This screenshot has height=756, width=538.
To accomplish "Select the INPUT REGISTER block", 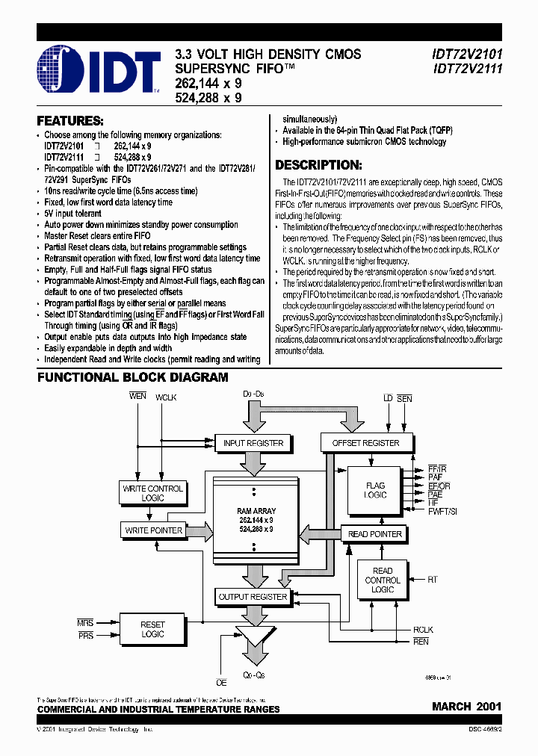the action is pos(253,443).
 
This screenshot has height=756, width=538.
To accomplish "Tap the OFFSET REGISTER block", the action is pos(365,443).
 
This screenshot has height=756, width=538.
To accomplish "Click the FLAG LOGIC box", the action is pos(375,490).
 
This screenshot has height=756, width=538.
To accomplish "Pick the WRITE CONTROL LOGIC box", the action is pos(152,493).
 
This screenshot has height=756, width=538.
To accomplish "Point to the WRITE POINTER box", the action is pos(153,530).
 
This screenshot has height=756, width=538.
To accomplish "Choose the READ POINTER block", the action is pos(375,534).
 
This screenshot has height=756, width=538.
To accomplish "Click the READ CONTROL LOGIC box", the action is pos(383,580).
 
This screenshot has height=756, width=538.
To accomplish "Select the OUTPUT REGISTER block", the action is pos(253,597).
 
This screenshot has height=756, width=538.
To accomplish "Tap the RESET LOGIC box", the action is pos(152,629).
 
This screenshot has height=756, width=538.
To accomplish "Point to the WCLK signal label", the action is pos(166,397).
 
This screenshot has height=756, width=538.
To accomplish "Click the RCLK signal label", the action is pos(423,630).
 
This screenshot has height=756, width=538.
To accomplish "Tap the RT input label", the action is pos(431,579).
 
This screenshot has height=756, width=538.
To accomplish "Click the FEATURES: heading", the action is pos(70,120).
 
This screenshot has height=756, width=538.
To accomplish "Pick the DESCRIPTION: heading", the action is pos(319,165).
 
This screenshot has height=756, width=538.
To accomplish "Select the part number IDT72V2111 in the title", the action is pos(467,68).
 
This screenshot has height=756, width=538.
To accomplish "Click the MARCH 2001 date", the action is pos(466,706).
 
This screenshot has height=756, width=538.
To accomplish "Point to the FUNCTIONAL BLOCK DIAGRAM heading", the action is pos(133,378).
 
